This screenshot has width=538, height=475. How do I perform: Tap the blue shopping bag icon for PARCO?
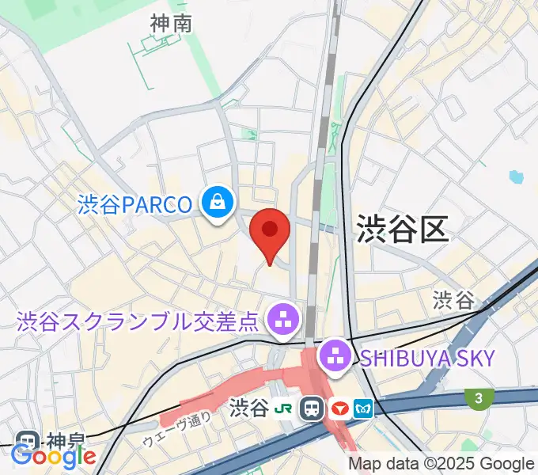pyautogui.click(x=216, y=204)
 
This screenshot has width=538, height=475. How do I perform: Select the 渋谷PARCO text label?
pyautogui.click(x=135, y=205)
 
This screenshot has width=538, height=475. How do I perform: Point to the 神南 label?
pyautogui.click(x=171, y=24)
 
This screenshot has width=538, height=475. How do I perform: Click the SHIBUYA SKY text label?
pyautogui.click(x=426, y=358)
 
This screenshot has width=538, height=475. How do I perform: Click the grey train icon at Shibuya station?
pyautogui.click(x=313, y=408)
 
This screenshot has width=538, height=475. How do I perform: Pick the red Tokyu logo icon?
pyautogui.click(x=341, y=408)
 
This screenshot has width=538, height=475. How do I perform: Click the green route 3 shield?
pyautogui.click(x=479, y=399)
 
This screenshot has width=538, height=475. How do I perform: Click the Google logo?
pyautogui.click(x=54, y=457)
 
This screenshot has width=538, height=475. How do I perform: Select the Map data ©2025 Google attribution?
pyautogui.click(x=441, y=465)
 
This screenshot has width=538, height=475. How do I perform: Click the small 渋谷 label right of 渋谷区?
pyautogui.click(x=453, y=300)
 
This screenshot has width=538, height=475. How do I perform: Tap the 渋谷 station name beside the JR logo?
pyautogui.click(x=248, y=408)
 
